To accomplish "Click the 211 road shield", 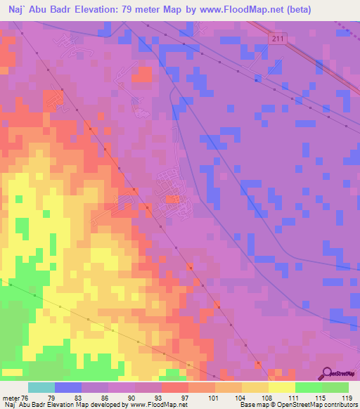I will click(x=278, y=39).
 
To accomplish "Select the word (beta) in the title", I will click(x=293, y=8).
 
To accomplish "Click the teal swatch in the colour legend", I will click(x=41, y=387).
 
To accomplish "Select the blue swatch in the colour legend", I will click(x=68, y=387).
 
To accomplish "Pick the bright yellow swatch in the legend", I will click(x=281, y=387).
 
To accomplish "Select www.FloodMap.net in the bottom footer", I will click(x=152, y=404).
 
